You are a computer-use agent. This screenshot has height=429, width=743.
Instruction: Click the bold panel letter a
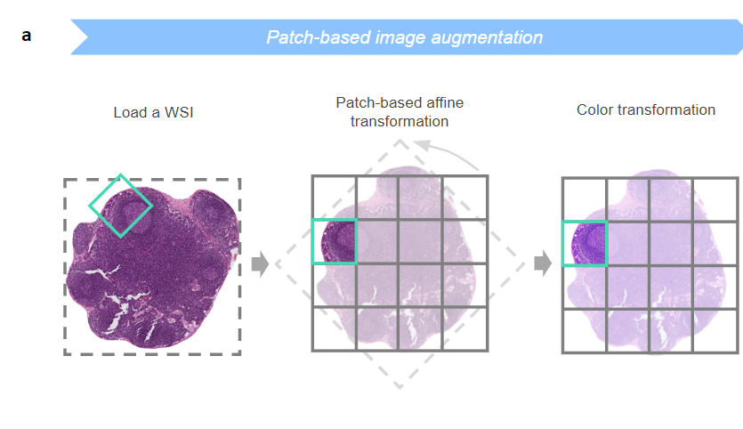tap(27, 36)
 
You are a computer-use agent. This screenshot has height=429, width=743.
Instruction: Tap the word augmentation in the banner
tap(489, 37)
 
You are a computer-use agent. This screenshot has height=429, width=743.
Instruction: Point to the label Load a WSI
tap(153, 112)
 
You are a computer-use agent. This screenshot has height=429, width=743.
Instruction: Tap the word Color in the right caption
tap(596, 109)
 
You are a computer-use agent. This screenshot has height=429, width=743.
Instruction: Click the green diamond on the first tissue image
tap(121, 205)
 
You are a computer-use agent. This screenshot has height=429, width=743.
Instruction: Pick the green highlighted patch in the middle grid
tap(334, 241)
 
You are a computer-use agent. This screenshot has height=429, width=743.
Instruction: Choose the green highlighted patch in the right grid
tap(585, 243)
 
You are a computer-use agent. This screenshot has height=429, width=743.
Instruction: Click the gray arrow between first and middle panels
tap(261, 263)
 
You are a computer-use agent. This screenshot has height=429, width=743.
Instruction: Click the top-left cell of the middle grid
tap(334, 198)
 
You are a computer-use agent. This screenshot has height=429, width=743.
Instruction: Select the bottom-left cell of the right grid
tap(585, 330)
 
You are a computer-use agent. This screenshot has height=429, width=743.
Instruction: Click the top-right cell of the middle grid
tap(465, 198)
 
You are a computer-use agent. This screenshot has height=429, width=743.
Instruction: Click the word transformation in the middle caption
tap(400, 121)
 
